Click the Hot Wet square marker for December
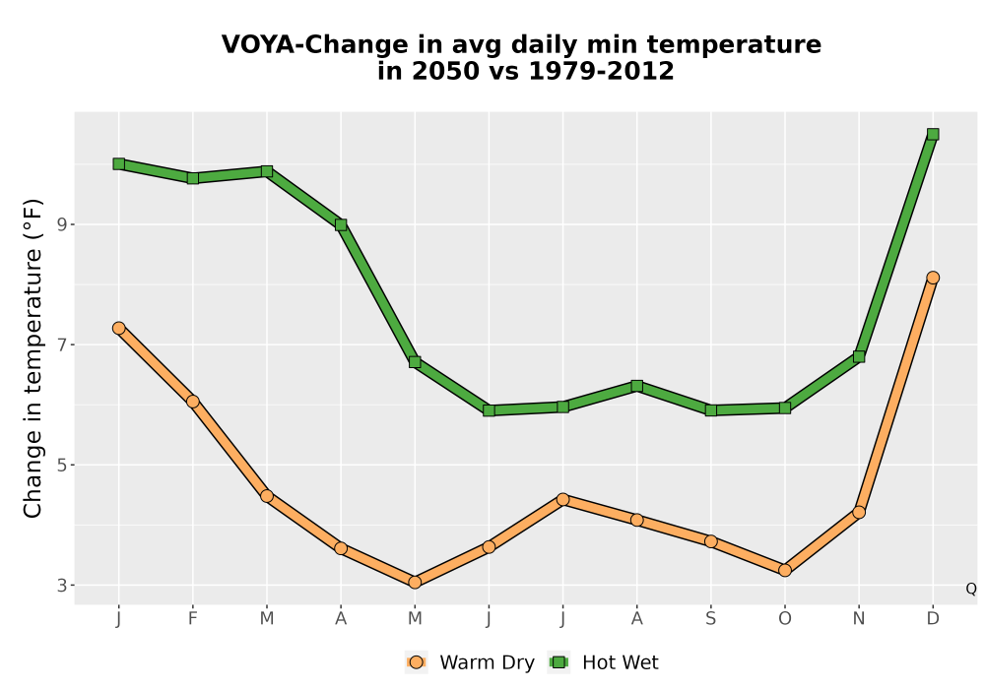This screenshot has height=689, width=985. click(x=933, y=134)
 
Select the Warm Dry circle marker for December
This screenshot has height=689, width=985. click(x=933, y=278)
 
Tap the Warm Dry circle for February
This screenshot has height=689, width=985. click(x=193, y=402)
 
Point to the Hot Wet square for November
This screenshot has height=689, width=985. click(x=859, y=357)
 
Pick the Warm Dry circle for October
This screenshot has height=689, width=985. click(x=785, y=571)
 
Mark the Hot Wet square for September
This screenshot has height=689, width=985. click(x=710, y=410)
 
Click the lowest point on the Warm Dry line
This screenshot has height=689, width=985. click(x=415, y=583)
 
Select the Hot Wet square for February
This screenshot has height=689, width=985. click(x=193, y=178)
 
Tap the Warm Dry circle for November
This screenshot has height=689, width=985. click(x=859, y=512)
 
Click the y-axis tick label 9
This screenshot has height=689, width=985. click(x=61, y=224)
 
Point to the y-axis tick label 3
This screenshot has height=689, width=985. click(x=61, y=586)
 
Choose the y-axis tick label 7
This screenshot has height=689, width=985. click(x=61, y=345)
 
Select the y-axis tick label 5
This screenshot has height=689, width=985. click(x=61, y=465)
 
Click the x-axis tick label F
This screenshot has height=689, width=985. click(x=193, y=619)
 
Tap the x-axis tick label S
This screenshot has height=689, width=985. click(x=710, y=619)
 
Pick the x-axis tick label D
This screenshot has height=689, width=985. click(x=933, y=619)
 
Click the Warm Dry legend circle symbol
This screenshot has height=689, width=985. click(x=416, y=662)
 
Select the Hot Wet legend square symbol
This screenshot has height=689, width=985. click(x=558, y=662)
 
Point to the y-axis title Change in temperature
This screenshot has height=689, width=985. click(x=33, y=358)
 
